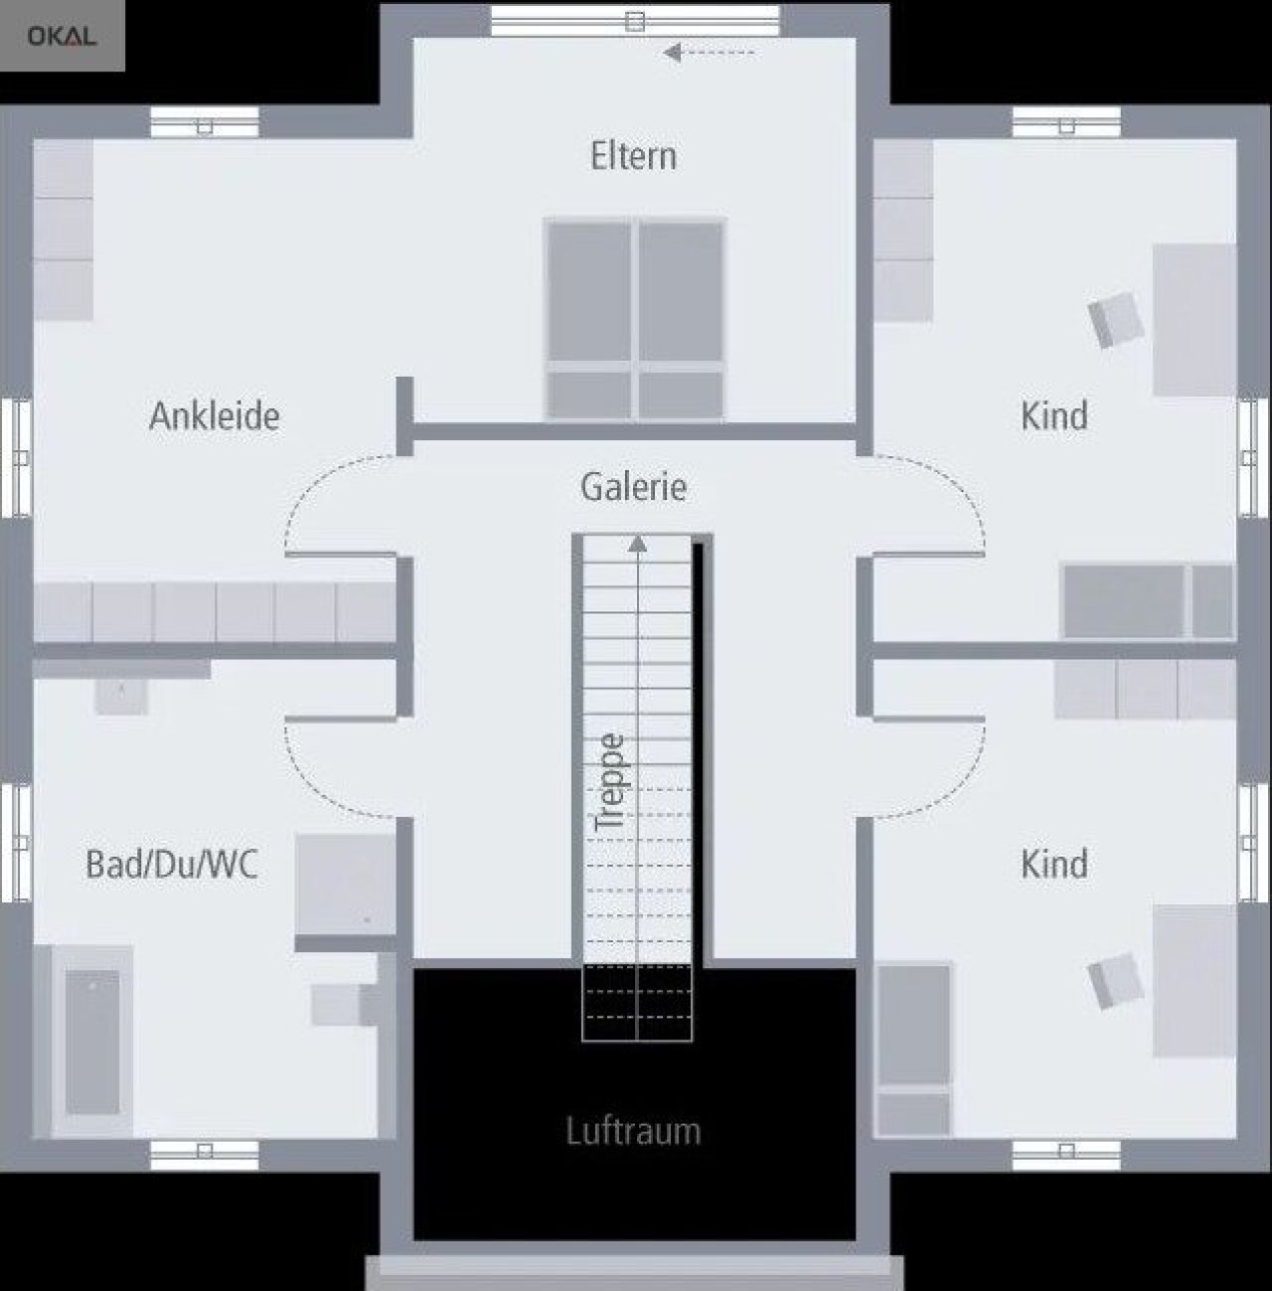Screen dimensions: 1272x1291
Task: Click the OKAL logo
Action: tap(62, 36)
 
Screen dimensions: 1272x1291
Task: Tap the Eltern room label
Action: tap(633, 156)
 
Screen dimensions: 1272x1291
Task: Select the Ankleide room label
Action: tap(215, 416)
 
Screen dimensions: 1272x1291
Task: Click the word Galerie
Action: tap(633, 487)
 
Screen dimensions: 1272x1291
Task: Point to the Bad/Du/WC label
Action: tap(172, 865)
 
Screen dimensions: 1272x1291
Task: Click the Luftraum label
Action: tap(633, 1131)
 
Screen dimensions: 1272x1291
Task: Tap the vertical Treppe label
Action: tap(610, 782)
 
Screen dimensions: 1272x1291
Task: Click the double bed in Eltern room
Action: tap(635, 319)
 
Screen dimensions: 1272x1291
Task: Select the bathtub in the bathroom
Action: tap(92, 1042)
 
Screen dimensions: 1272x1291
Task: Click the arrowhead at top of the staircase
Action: tap(637, 544)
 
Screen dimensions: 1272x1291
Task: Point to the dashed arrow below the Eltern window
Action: tap(709, 53)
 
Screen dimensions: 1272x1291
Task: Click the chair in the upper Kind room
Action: tap(1116, 320)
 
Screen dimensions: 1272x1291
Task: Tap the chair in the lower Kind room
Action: tap(1116, 981)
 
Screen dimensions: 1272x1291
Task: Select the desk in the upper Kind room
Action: tap(1194, 320)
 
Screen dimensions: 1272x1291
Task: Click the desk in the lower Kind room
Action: tap(1194, 981)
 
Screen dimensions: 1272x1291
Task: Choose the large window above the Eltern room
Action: tap(635, 21)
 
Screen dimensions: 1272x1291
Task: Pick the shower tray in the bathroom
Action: tap(346, 885)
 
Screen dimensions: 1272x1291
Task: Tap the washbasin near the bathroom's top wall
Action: tap(121, 697)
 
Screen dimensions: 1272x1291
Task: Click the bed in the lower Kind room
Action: tap(914, 1049)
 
